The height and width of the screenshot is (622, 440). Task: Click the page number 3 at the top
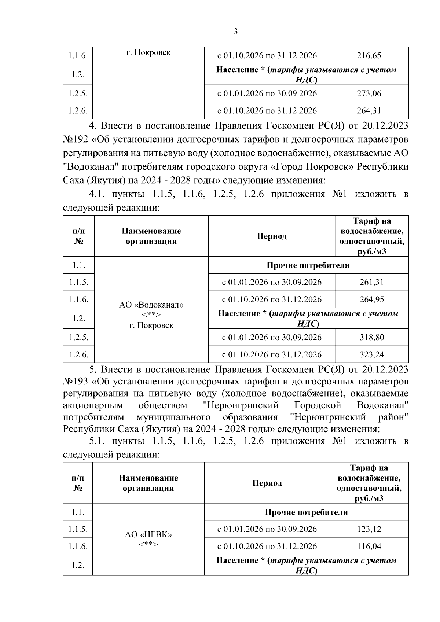coord(235,32)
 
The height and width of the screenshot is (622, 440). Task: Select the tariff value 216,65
coord(369,56)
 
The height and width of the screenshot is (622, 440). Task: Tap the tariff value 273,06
coord(369,93)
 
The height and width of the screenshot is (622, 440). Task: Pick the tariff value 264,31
coord(369,111)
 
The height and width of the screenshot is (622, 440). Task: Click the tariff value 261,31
coord(372,282)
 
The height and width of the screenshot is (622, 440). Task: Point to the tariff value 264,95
coord(372,299)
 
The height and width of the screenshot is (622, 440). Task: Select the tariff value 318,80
coord(372,337)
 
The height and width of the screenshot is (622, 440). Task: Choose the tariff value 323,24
coord(372,354)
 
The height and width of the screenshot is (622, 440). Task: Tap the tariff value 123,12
coord(369,529)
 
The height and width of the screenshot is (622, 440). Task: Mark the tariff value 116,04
coord(369,546)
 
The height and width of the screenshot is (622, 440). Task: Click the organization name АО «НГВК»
coord(148,535)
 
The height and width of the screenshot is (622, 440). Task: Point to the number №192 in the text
coord(76,140)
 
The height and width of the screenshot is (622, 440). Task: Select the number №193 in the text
coord(76,382)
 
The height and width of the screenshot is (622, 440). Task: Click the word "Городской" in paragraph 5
coord(318,405)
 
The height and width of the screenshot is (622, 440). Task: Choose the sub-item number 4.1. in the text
coord(93,194)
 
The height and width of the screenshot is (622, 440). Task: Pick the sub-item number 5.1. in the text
coord(93,441)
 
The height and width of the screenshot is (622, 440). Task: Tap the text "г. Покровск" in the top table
coord(148,53)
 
